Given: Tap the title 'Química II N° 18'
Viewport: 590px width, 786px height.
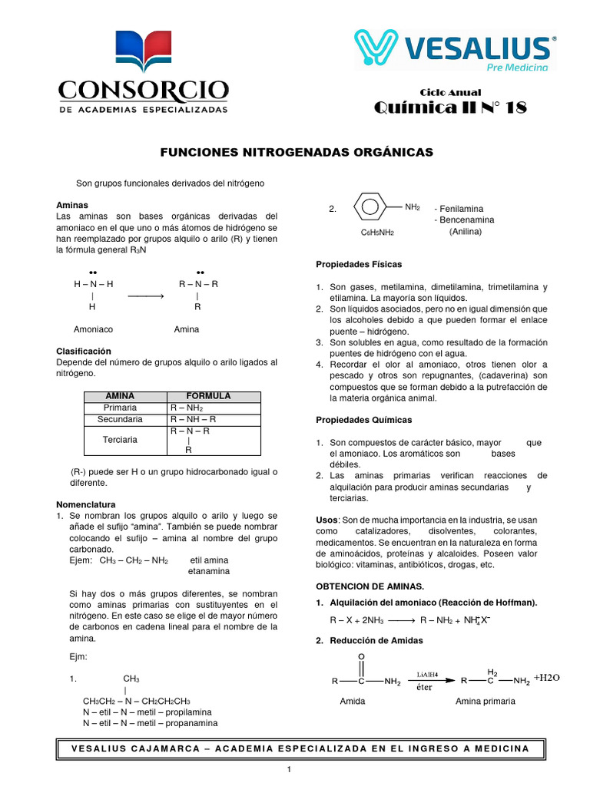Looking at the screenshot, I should coord(450,107).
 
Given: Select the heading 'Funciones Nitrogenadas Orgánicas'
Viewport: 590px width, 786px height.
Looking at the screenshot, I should coord(296,152).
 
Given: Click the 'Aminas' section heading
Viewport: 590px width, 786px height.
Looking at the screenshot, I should coord(73,206).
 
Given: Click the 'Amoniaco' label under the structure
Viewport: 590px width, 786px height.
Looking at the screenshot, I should coord(93,329).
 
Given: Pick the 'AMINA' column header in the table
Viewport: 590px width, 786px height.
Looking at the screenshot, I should coord(120,396).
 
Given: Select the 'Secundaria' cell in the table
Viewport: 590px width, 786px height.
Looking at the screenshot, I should coord(120,420).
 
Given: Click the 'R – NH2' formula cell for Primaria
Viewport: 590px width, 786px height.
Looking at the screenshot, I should coord(187,408).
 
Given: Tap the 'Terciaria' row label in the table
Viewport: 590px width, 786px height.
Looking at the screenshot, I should coord(120,440).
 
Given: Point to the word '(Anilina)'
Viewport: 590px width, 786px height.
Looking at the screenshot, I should coord(466,231).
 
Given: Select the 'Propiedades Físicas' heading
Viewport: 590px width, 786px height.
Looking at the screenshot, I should coord(359,264).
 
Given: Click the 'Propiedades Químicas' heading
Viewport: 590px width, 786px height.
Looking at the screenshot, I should coord(363,420).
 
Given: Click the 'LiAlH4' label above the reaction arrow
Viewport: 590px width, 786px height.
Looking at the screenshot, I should coord(428,674).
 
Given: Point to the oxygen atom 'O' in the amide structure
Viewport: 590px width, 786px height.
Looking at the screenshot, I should coord(361,656).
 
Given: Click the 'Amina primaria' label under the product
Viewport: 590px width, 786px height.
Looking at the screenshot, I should coord(486,701).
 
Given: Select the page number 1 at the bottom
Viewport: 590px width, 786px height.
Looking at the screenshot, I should coord(288,770).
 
